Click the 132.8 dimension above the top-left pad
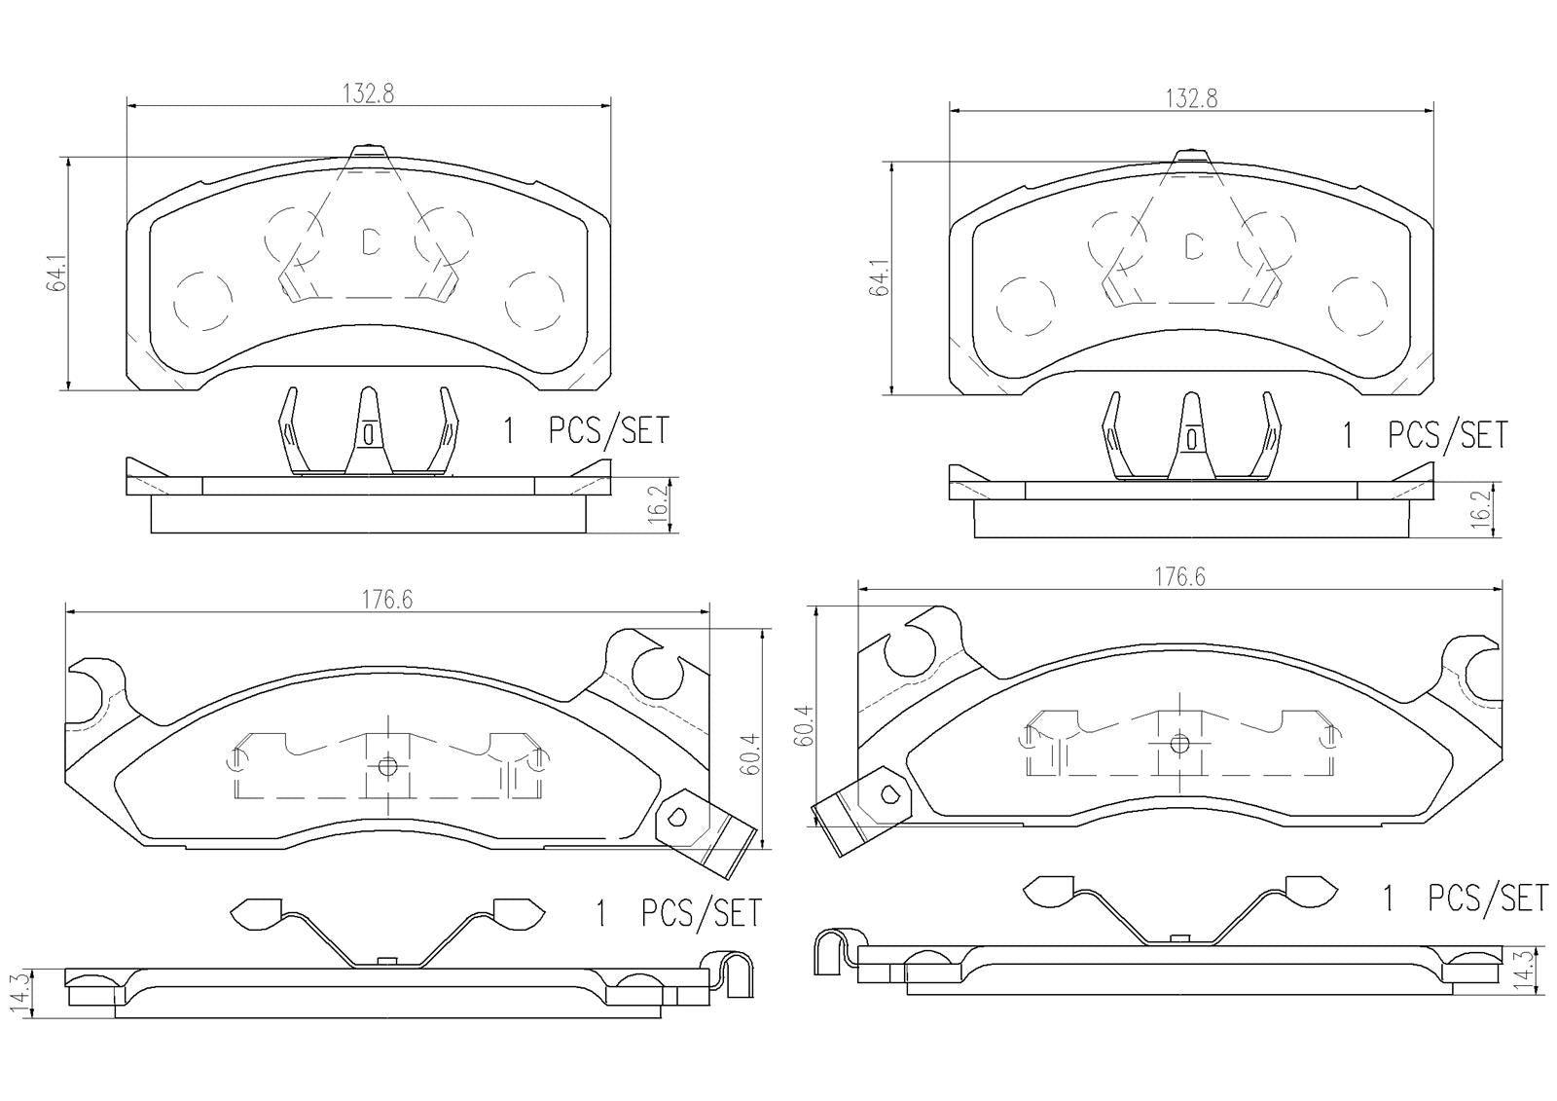[368, 93]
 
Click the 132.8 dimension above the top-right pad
[1191, 98]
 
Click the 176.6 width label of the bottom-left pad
[388, 601]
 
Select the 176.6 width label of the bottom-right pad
[1179, 576]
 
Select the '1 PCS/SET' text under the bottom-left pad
[677, 913]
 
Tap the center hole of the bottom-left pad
[387, 765]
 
